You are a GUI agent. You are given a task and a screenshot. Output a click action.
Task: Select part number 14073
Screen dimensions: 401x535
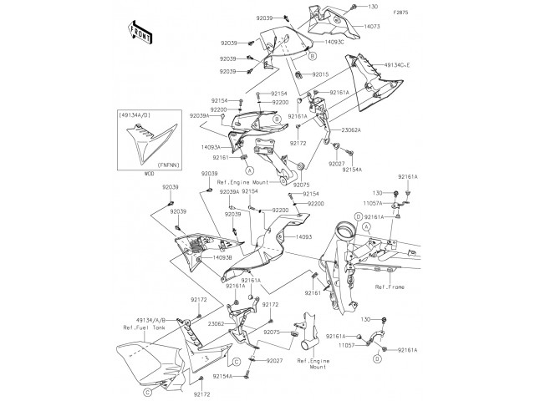(373, 28)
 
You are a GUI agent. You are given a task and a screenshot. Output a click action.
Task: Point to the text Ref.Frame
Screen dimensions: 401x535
(390, 287)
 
